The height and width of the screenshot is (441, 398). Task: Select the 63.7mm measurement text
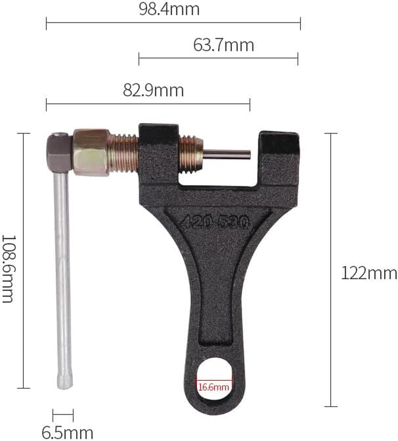(x=223, y=45)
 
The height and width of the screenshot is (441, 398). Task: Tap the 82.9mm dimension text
(x=153, y=91)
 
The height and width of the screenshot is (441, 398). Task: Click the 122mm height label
(x=369, y=273)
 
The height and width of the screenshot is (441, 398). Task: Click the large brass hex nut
(x=91, y=152)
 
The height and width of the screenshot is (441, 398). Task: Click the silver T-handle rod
(x=63, y=273)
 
